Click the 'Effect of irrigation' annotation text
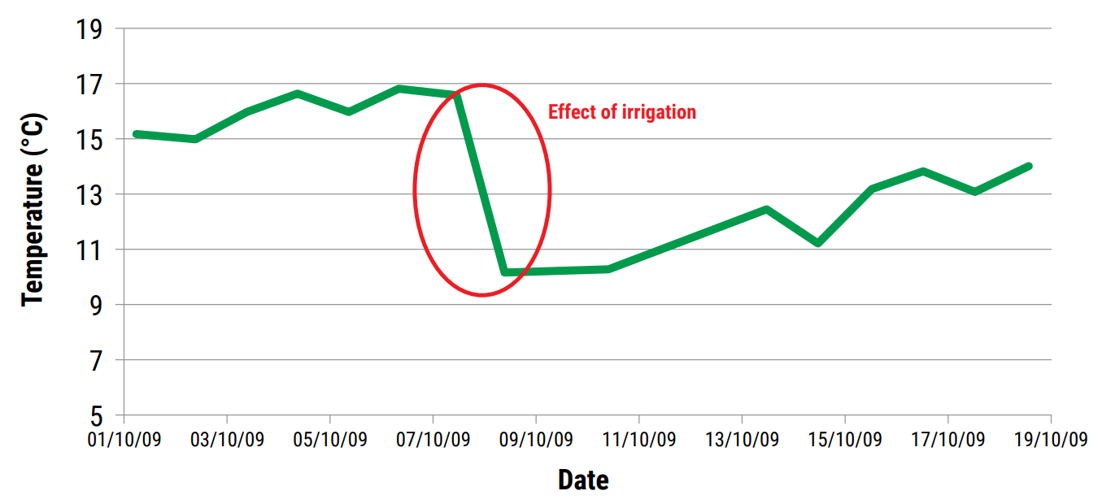tap(622, 112)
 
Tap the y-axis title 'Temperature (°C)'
tap(33, 210)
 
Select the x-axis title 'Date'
tap(583, 480)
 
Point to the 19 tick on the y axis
tap(89, 30)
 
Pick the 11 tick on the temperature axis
tap(89, 250)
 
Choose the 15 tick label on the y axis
tap(89, 140)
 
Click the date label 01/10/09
tap(124, 440)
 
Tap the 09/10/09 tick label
tap(535, 440)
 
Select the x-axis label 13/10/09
tap(742, 440)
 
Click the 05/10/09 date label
tap(329, 440)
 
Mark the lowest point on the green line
tap(505, 272)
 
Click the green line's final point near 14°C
tap(1029, 166)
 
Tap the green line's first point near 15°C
tap(136, 133)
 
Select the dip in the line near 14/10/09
tap(817, 243)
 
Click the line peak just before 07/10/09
tap(399, 88)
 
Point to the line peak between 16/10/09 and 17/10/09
tap(923, 171)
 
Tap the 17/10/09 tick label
tap(947, 440)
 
